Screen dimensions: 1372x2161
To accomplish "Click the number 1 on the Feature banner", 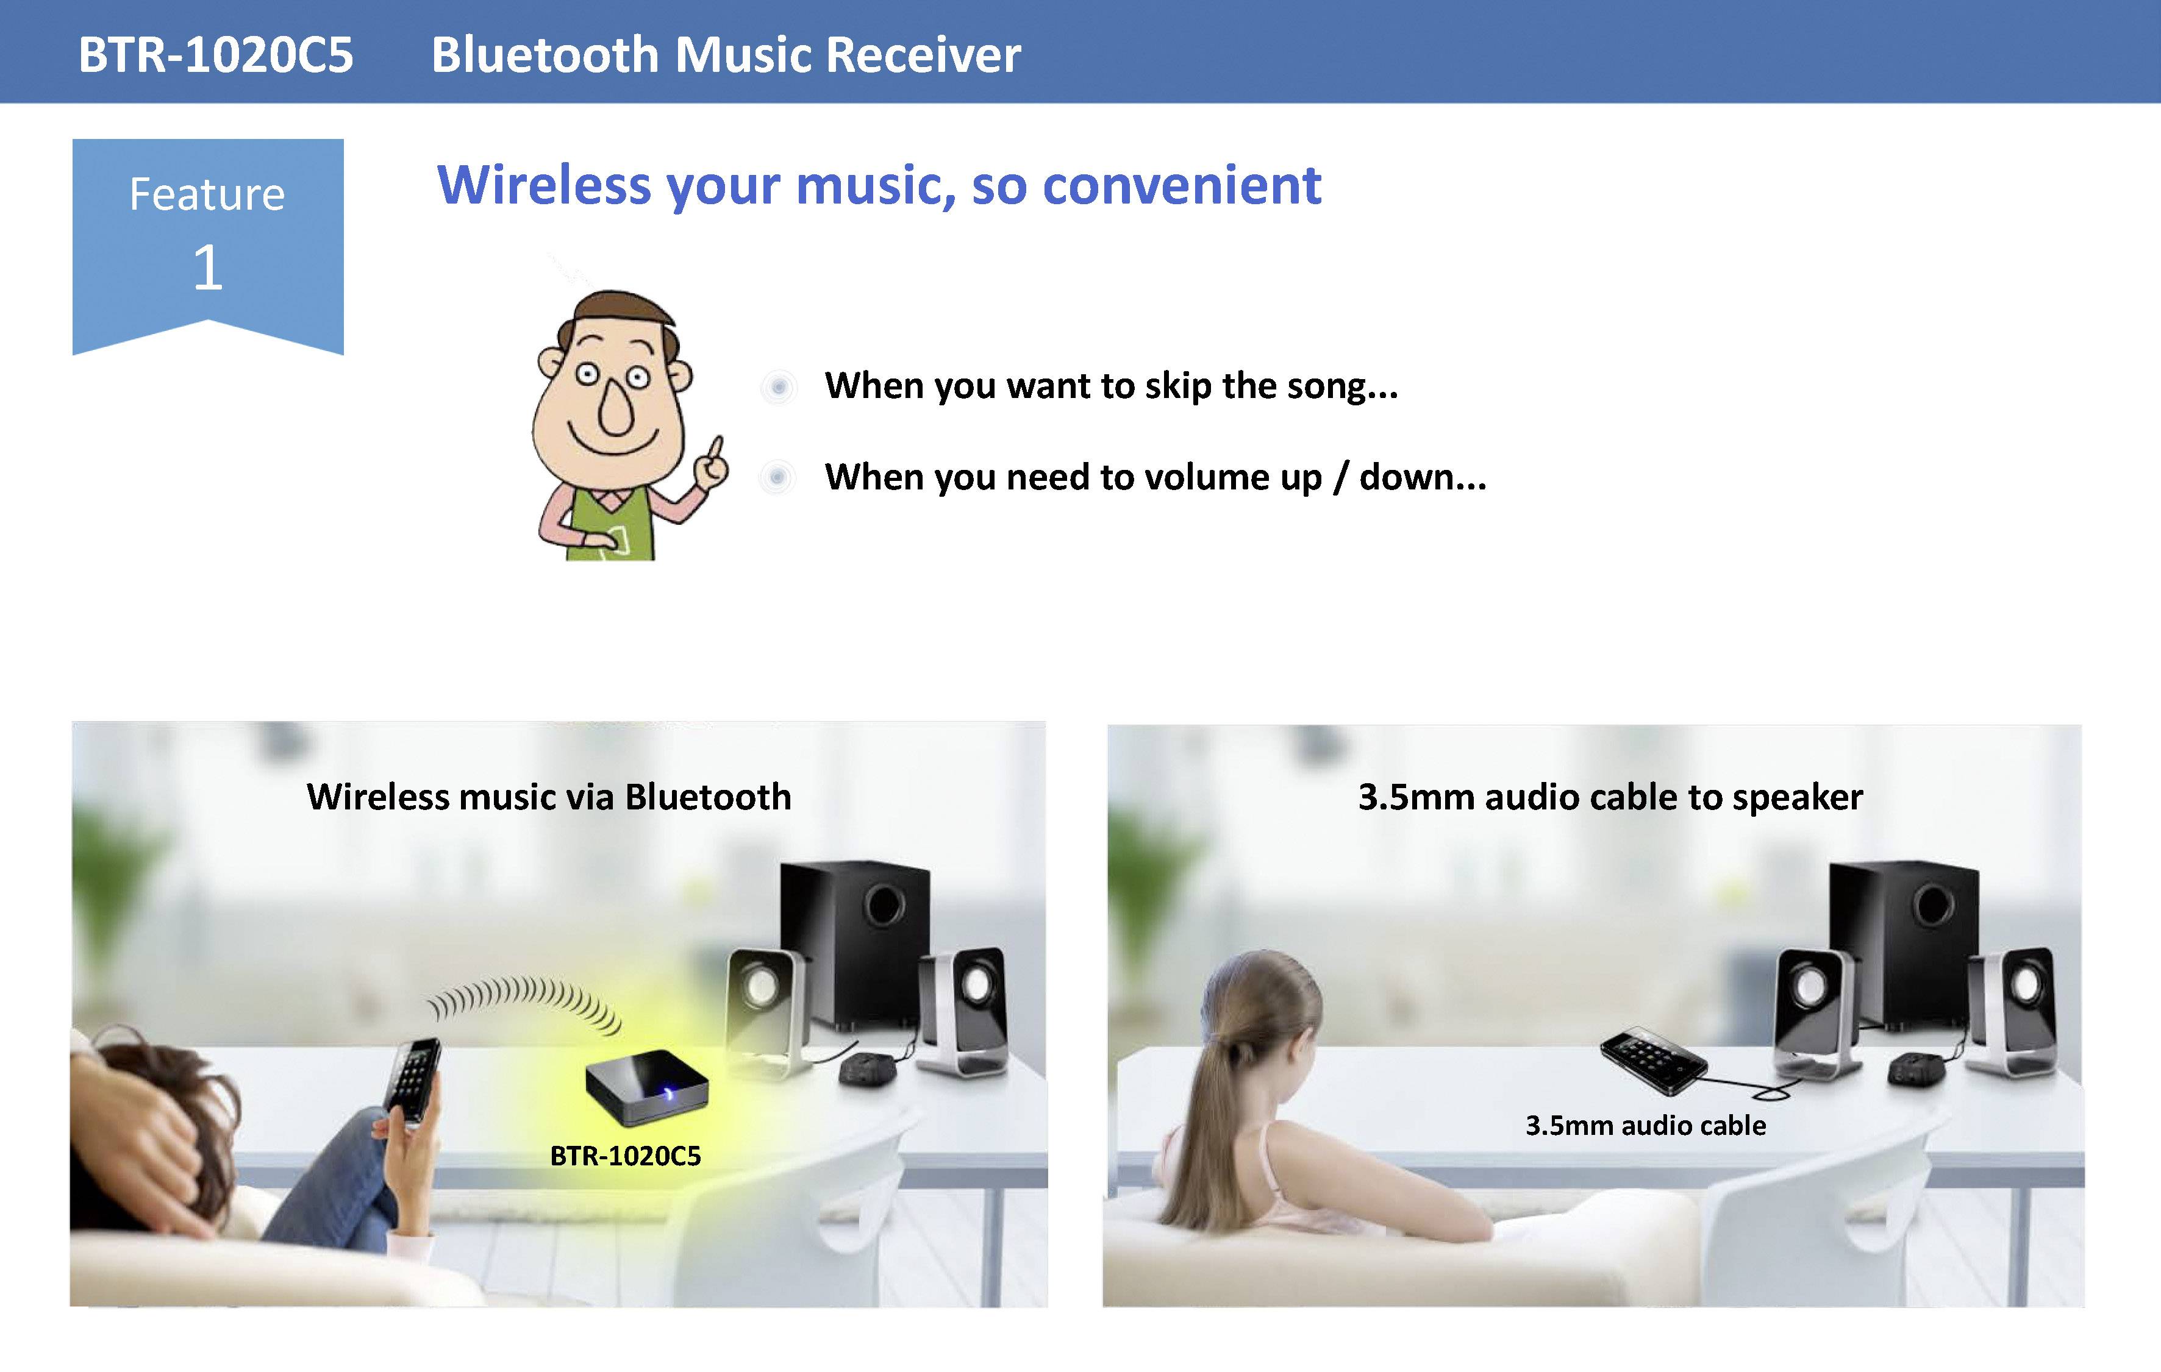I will point(207,268).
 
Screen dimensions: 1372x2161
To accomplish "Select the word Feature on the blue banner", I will point(207,194).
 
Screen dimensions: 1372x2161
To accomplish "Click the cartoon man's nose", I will point(616,408).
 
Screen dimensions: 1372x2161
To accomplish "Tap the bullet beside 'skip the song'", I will point(778,387).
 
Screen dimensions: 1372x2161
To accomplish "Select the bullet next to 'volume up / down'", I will point(777,477).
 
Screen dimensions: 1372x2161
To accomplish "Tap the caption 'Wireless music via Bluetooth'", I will point(548,797).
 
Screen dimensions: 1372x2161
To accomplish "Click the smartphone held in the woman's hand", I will point(412,1081).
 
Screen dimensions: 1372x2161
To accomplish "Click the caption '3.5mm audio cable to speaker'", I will point(1610,797).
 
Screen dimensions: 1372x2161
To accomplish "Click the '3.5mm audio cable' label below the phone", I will point(1645,1125).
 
